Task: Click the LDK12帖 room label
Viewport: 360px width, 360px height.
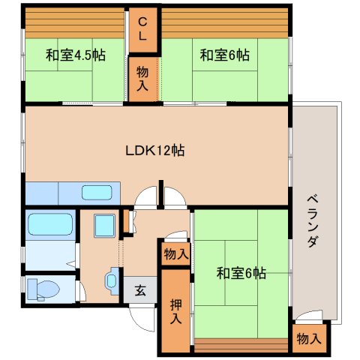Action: pyautogui.click(x=155, y=151)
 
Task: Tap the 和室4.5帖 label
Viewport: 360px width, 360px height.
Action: pyautogui.click(x=76, y=55)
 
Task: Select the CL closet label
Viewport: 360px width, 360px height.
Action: pyautogui.click(x=142, y=29)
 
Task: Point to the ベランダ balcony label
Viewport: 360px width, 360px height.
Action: pyautogui.click(x=313, y=221)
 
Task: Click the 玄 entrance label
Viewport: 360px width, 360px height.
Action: pyautogui.click(x=140, y=291)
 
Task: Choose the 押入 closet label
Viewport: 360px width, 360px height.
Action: pyautogui.click(x=175, y=311)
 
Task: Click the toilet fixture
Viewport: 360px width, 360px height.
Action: pyautogui.click(x=43, y=289)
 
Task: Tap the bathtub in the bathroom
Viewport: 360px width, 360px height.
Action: pyautogui.click(x=50, y=224)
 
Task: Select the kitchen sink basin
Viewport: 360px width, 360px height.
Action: pyautogui.click(x=97, y=193)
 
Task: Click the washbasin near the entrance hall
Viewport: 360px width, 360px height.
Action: pyautogui.click(x=112, y=281)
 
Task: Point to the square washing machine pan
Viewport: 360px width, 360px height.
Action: pyautogui.click(x=105, y=226)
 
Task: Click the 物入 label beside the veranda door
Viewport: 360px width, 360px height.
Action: pyautogui.click(x=309, y=339)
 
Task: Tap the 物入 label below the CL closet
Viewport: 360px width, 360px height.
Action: pyautogui.click(x=142, y=79)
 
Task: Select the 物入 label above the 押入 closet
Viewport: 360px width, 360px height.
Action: pyautogui.click(x=176, y=254)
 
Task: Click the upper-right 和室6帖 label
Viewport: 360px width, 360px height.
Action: pyautogui.click(x=225, y=55)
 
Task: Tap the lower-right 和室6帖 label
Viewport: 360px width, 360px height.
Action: pyautogui.click(x=241, y=273)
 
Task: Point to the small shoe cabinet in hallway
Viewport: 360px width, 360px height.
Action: pyautogui.click(x=127, y=221)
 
